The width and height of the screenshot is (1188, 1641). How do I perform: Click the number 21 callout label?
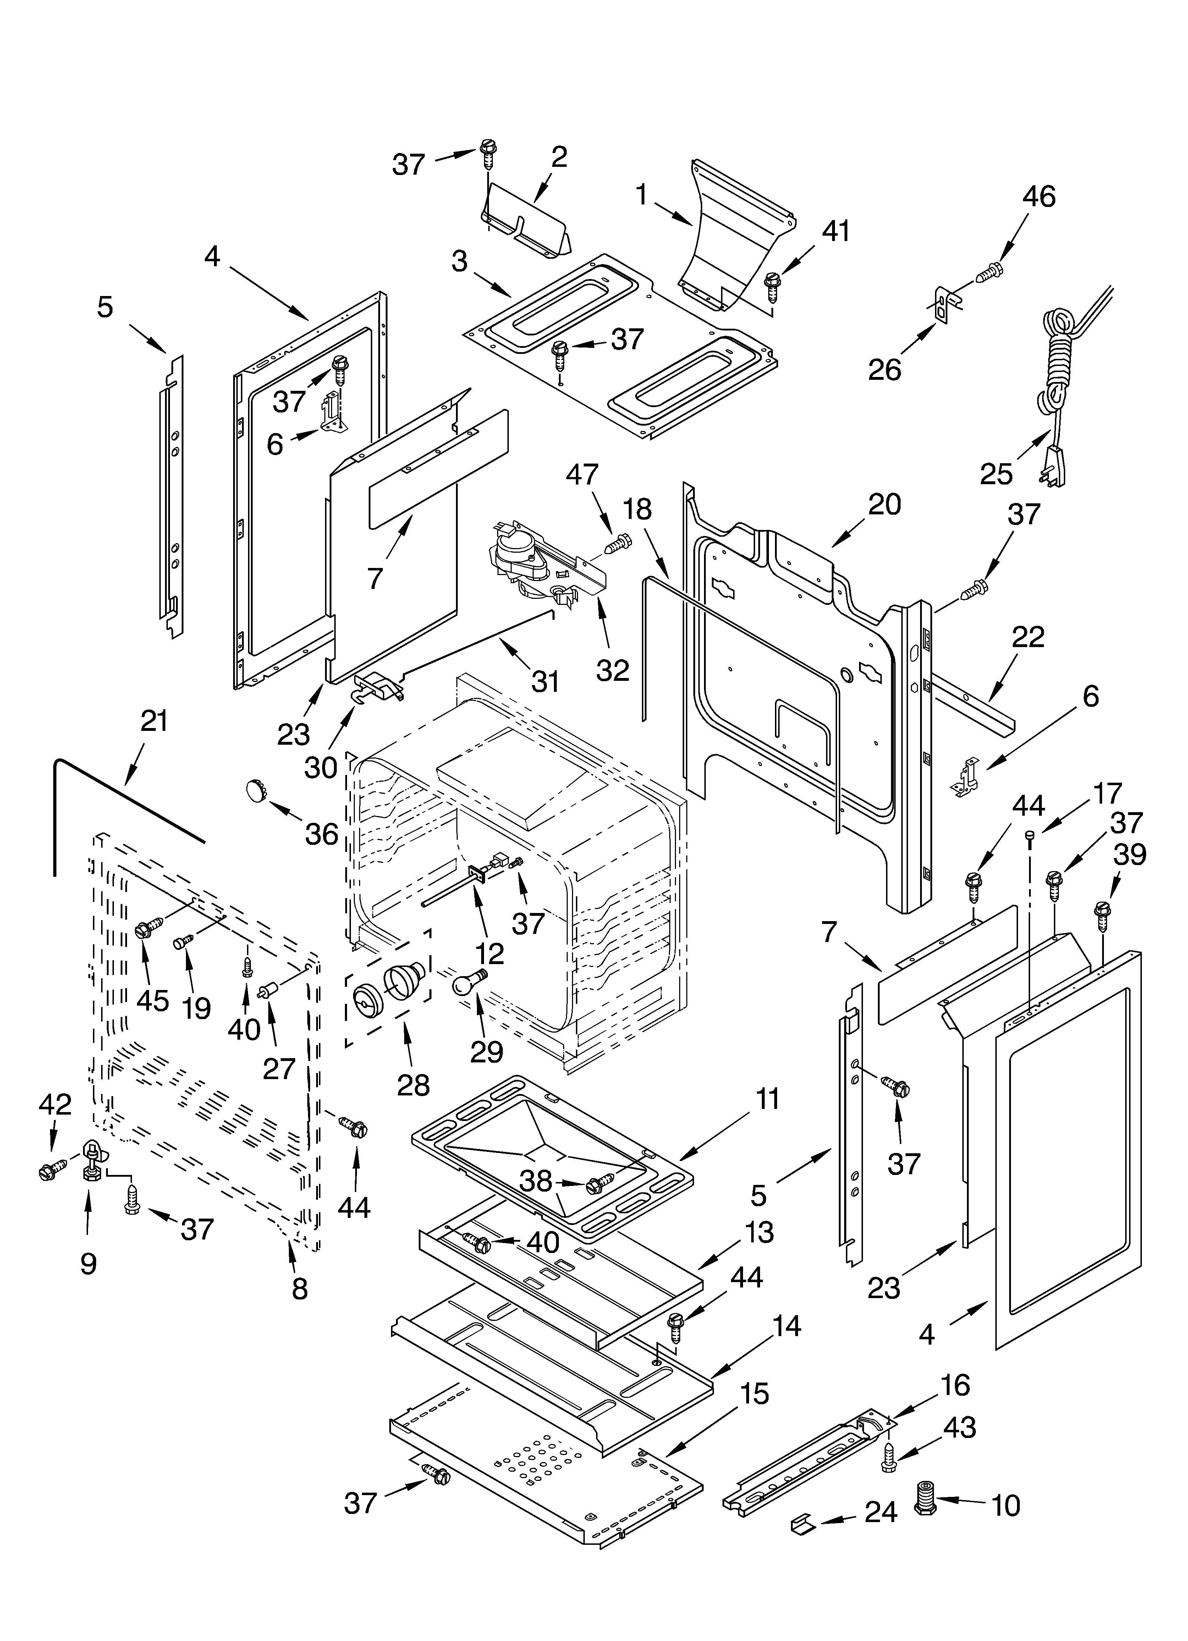coord(153,721)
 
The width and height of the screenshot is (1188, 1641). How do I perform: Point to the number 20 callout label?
coord(884,504)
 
